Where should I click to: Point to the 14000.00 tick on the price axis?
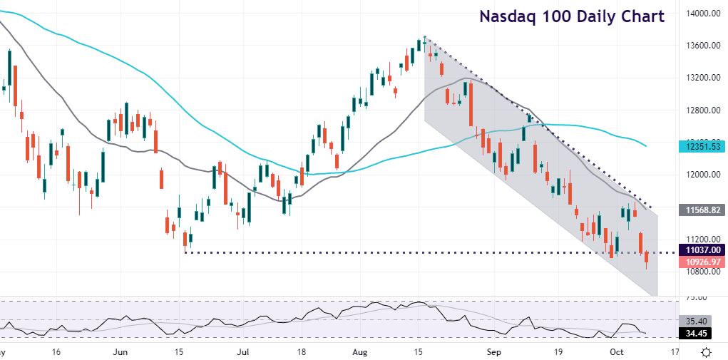coord(702,14)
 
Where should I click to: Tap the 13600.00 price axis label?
coord(702,46)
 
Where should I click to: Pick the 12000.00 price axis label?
coord(702,175)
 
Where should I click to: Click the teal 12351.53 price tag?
coord(702,146)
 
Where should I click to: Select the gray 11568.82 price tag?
coord(702,210)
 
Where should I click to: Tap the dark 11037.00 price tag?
coord(702,251)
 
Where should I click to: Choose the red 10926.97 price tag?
coord(702,262)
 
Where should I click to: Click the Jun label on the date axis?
coord(121,352)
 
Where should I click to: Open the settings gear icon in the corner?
coord(706,352)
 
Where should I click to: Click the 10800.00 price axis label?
coord(702,272)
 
